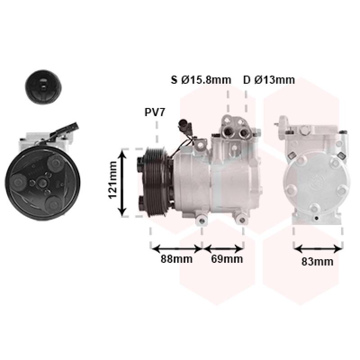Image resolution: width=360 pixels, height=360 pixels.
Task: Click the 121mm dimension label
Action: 112,180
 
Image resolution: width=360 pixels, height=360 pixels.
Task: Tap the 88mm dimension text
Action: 176,259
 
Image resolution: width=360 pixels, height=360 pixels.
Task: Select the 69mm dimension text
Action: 227,259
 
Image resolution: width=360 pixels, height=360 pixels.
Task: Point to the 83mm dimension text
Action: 317,262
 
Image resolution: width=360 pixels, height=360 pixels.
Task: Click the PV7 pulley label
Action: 155,112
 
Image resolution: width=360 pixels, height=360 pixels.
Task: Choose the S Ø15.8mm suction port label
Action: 201,80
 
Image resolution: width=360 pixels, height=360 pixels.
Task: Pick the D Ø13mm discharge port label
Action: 269,80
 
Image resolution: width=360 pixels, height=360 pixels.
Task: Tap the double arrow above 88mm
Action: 176,249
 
